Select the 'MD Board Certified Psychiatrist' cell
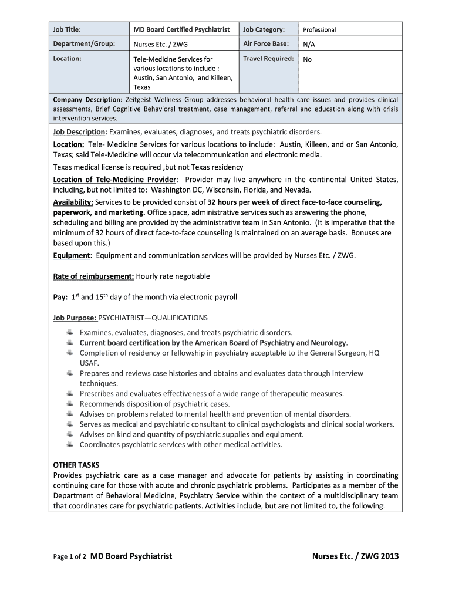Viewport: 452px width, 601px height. coord(181,29)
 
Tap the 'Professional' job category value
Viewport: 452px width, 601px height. coord(319,30)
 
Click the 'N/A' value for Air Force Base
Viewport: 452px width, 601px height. coord(309,44)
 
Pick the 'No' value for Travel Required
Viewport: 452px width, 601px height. coord(308,59)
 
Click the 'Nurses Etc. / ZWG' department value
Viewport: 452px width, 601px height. coord(161,44)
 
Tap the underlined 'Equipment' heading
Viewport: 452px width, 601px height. coord(72,255)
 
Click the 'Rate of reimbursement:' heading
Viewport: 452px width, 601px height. coord(94,276)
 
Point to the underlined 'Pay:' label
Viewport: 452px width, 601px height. coord(60,297)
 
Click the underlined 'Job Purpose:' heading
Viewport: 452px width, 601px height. coord(75,318)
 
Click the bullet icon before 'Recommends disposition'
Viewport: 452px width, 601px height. coord(69,403)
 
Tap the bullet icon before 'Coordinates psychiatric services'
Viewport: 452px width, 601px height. coord(69,444)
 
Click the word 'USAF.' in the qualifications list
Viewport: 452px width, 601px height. coord(89,363)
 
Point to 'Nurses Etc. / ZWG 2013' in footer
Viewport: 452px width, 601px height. coord(355,556)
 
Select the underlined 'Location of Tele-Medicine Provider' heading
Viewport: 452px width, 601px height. coord(114,179)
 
